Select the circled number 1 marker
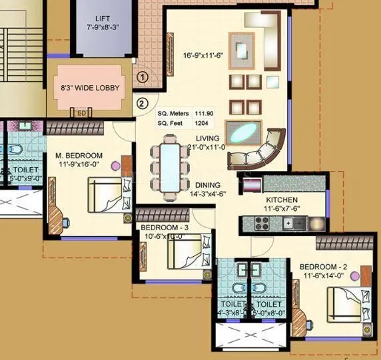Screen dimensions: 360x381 pos(141,77)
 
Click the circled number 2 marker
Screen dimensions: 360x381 pos(141,102)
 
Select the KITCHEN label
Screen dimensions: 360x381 pos(282,200)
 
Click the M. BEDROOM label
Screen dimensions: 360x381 pos(79,156)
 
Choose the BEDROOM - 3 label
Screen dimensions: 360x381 pos(165,227)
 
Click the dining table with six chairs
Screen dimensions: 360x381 pos(169,162)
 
